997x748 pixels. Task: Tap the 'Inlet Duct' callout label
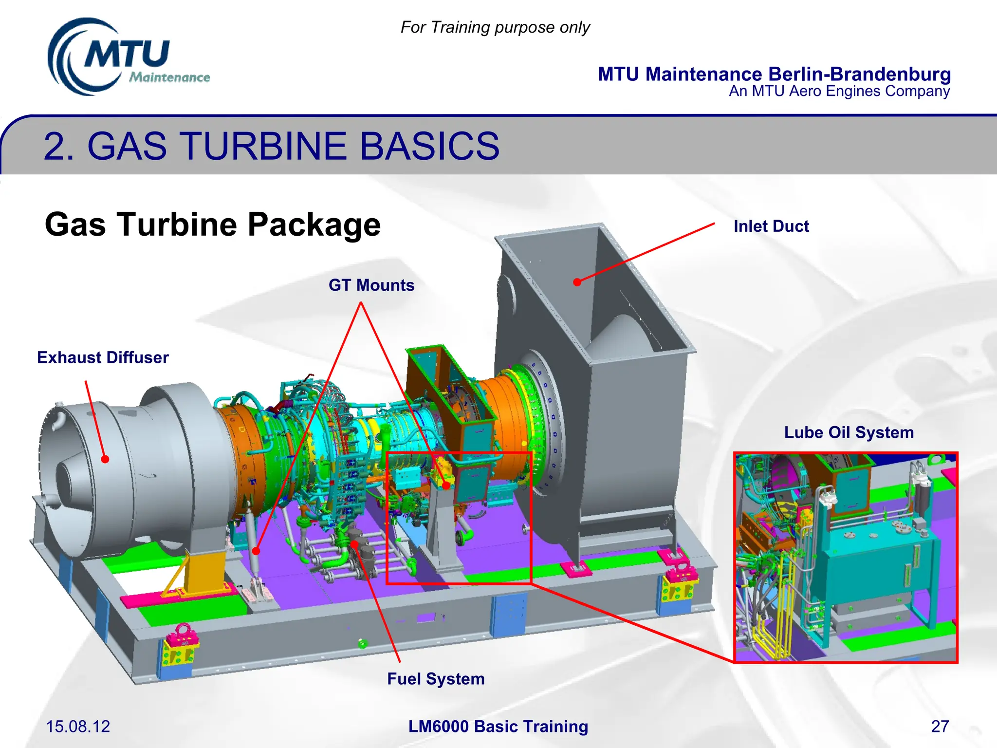coord(771,226)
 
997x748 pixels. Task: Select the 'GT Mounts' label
coord(371,285)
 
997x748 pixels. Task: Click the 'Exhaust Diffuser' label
coord(103,357)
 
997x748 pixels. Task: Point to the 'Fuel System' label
coord(436,679)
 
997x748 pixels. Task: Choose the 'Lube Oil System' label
coord(849,432)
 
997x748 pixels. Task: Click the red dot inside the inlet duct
coord(577,282)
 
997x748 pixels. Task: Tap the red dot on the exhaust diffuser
coord(105,459)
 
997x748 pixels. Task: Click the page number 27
coord(940,726)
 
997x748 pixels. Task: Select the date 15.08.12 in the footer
coord(78,726)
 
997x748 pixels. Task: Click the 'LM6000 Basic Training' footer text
coord(498,726)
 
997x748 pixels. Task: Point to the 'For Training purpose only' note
coord(495,27)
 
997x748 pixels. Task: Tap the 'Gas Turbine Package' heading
coord(212,224)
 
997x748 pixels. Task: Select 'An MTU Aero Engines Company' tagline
coord(839,91)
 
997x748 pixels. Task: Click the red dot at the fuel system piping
coord(354,544)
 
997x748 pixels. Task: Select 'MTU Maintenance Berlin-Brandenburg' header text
coord(774,74)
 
